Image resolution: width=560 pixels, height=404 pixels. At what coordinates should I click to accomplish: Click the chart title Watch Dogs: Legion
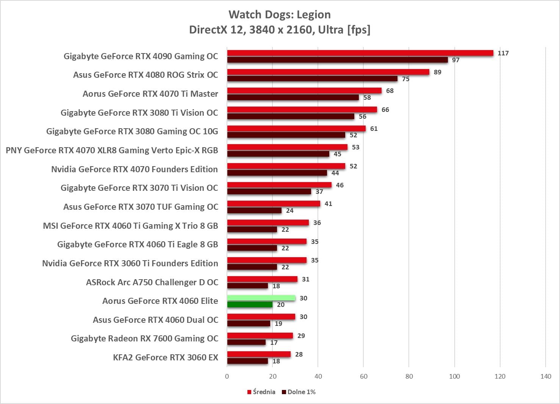pyautogui.click(x=280, y=14)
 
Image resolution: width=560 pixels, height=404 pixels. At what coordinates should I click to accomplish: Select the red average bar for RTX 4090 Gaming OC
pyautogui.click(x=360, y=53)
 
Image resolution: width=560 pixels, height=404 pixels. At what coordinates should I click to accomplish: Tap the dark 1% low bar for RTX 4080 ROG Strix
pyautogui.click(x=312, y=79)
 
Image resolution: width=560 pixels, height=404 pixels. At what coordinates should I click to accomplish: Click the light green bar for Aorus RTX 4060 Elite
pyautogui.click(x=261, y=298)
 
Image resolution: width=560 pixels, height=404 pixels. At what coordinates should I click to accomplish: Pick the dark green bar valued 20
pyautogui.click(x=250, y=305)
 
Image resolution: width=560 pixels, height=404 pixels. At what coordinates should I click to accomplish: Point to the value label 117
pyautogui.click(x=503, y=53)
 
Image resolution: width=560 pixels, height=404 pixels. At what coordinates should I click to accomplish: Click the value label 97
pyautogui.click(x=455, y=60)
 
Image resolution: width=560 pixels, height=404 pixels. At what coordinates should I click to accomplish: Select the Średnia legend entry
pyautogui.click(x=261, y=392)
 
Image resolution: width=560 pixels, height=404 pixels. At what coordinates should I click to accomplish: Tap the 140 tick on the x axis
pyautogui.click(x=546, y=376)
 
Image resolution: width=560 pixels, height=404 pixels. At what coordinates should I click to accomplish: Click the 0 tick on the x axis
pyautogui.click(x=227, y=376)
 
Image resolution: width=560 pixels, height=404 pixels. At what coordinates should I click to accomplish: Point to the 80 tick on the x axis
pyautogui.click(x=409, y=376)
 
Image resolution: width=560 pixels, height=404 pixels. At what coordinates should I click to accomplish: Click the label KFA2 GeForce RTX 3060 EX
pyautogui.click(x=166, y=357)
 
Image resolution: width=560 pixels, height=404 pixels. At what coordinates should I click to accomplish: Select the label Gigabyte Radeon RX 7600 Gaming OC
pyautogui.click(x=144, y=338)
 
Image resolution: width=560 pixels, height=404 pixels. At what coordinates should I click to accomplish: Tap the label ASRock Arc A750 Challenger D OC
pyautogui.click(x=152, y=282)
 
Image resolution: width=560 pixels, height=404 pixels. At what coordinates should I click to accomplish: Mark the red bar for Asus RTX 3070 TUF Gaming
pyautogui.click(x=274, y=204)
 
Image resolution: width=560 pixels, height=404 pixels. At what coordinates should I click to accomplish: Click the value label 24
pyautogui.click(x=289, y=211)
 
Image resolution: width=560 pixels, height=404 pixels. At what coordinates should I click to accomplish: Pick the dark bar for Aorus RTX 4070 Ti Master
pyautogui.click(x=293, y=97)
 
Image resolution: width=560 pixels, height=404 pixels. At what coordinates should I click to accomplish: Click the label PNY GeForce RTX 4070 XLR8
pyautogui.click(x=112, y=150)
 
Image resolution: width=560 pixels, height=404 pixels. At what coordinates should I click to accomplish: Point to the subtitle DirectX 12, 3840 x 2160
pyautogui.click(x=280, y=30)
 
